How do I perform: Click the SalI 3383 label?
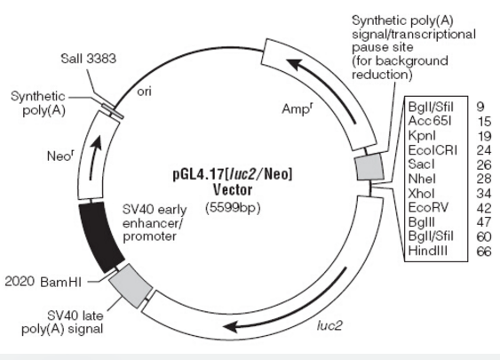(x=88, y=59)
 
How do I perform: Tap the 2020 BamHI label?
(x=44, y=282)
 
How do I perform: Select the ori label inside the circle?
(x=144, y=92)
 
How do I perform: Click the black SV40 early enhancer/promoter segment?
(x=100, y=236)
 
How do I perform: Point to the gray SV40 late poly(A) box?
(x=131, y=285)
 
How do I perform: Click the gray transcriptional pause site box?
(x=370, y=167)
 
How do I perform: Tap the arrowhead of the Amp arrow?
(x=294, y=64)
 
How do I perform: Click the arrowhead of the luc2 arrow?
(x=232, y=327)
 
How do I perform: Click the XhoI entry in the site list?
(x=421, y=194)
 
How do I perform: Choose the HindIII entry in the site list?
(x=427, y=251)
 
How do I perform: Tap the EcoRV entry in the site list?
(x=428, y=207)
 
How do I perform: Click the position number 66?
(x=484, y=252)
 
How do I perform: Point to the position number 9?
(x=480, y=107)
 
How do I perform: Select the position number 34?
(x=484, y=194)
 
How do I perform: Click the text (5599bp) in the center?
(x=233, y=208)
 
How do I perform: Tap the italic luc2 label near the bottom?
(x=329, y=325)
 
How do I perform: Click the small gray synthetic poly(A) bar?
(x=113, y=111)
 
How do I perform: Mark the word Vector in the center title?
(x=233, y=190)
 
